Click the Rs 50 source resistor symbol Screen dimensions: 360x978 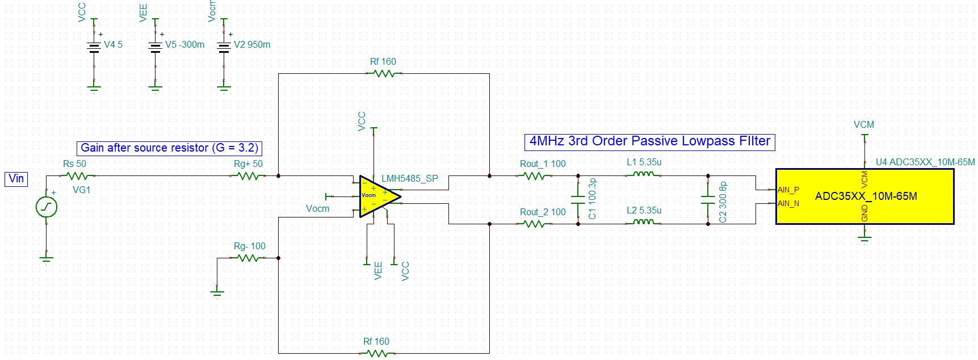pos(77,176)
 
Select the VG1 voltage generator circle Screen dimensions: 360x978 pos(47,207)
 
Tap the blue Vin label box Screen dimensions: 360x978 pos(16,179)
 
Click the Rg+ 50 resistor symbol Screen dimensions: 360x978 pos(249,176)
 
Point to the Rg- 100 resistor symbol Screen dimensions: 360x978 pos(249,258)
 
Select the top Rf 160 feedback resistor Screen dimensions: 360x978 pos(384,74)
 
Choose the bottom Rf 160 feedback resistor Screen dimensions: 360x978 pos(377,353)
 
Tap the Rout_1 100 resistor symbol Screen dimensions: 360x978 pos(535,176)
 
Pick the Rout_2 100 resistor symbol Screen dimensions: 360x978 pos(535,224)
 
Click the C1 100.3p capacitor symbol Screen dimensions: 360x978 pos(578,200)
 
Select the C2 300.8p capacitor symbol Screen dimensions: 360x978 pos(708,200)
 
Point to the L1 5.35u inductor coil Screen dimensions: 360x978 pos(643,174)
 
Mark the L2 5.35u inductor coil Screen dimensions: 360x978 pos(643,223)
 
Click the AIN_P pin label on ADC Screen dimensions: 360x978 pos(788,190)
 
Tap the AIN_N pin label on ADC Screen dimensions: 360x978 pos(788,203)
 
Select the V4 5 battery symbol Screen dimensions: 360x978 pos(94,47)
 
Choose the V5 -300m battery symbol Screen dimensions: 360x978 pos(156,47)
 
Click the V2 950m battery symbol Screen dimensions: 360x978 pos(224,47)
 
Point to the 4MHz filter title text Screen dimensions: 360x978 pos(649,141)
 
